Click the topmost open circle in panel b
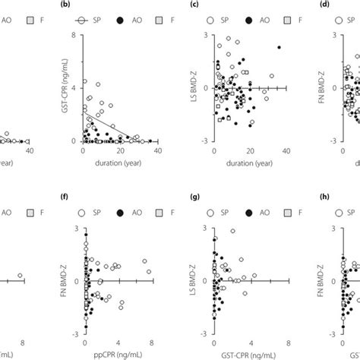(x=84, y=81)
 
